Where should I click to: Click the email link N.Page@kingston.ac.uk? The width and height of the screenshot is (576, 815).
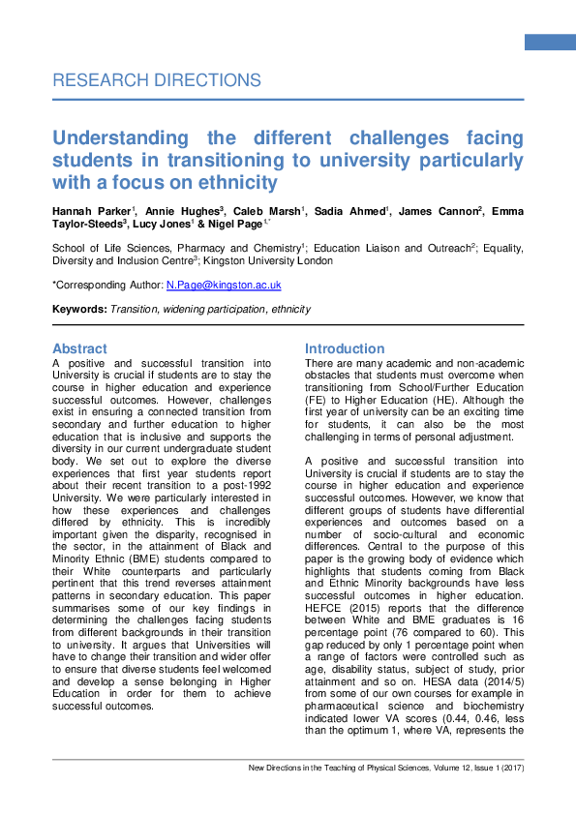pyautogui.click(x=224, y=286)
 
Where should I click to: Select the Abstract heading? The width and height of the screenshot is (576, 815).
pyautogui.click(x=79, y=348)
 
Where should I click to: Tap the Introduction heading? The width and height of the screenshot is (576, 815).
pyautogui.click(x=345, y=348)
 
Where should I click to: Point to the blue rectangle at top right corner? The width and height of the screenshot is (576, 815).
pyautogui.click(x=550, y=42)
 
